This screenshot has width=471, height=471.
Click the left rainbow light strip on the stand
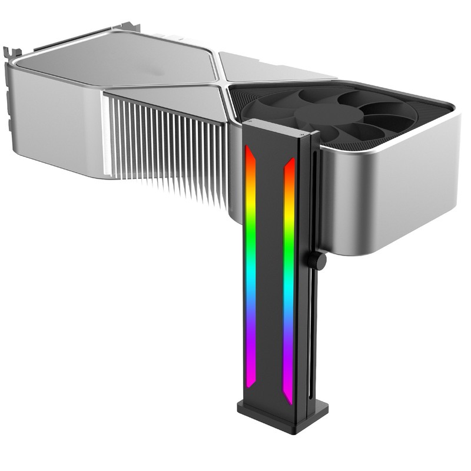pos(250,265)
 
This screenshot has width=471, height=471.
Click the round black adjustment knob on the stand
pos(318,261)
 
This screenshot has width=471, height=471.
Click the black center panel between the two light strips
pos(269,265)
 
